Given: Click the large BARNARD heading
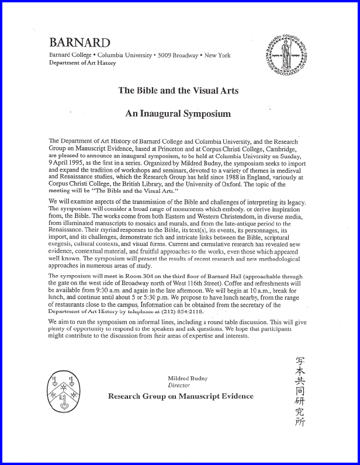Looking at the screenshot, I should tap(79, 43).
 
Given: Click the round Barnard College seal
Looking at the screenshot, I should tap(286, 50).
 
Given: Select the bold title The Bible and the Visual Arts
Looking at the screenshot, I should tap(178, 91).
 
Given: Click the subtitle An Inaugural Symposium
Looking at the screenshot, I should tap(178, 113).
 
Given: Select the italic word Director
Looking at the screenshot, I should tap(179, 386).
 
